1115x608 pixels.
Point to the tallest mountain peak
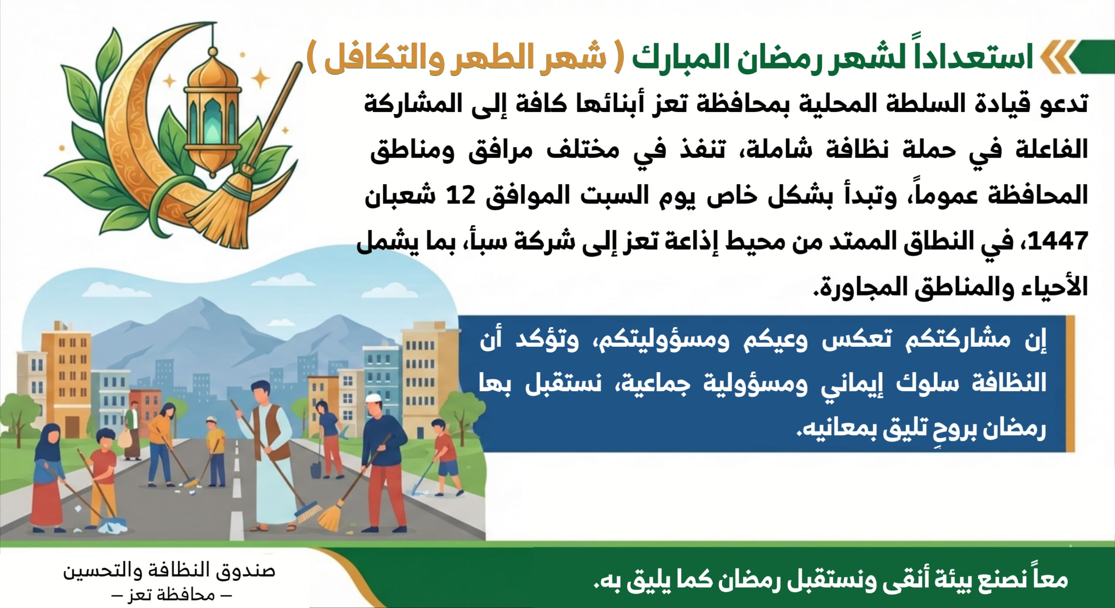click(200, 299)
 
